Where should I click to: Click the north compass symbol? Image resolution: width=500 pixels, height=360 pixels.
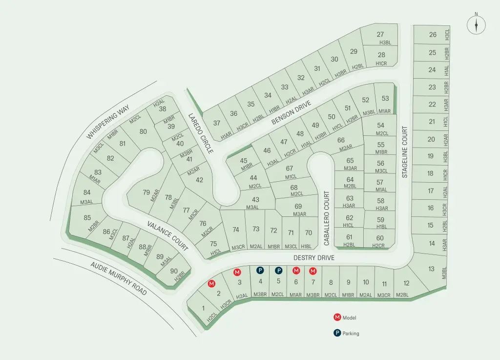coord(476,25)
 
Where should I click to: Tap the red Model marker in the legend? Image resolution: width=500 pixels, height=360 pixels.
coord(337,318)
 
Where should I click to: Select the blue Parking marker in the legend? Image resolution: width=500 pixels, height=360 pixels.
coord(337,334)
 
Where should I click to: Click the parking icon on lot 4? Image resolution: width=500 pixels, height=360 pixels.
coord(260,270)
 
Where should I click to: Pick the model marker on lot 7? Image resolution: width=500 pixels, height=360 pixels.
coord(313,271)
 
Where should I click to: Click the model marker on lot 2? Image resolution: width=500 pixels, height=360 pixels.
coord(212,283)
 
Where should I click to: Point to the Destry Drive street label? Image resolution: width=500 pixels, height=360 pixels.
coord(314,257)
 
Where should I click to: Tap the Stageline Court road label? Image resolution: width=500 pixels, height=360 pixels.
coord(404,152)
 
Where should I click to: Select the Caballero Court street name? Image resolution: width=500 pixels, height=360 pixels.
coord(327,218)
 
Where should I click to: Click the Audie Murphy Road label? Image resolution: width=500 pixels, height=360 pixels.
coord(118,278)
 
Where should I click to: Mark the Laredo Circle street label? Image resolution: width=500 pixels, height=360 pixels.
coord(201,133)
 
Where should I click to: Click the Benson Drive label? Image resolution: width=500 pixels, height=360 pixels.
coord(291,112)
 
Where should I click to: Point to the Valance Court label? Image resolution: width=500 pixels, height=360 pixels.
coord(168,235)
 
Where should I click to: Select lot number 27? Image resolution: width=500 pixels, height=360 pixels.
coord(380,34)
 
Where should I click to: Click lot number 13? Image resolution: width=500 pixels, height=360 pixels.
coord(431,269)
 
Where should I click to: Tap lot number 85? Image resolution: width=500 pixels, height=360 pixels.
coord(87,218)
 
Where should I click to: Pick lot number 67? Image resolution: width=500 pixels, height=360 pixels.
coord(290,169)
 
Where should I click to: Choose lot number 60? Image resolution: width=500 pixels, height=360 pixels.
coord(380,238)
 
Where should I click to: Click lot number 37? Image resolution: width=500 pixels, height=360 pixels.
coord(217,123)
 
